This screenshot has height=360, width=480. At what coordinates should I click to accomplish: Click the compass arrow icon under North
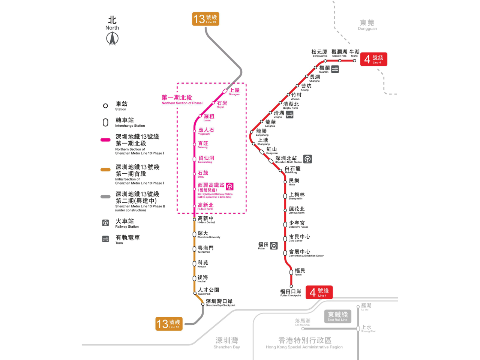(x=112, y=38)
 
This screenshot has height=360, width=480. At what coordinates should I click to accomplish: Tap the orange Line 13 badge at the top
(x=205, y=19)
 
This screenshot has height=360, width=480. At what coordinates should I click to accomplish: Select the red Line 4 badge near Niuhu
(x=373, y=59)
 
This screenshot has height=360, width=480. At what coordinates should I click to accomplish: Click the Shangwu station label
(x=234, y=91)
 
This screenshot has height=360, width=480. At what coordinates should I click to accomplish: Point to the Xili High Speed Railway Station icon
(x=229, y=186)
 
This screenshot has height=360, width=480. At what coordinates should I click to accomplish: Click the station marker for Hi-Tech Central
(x=194, y=219)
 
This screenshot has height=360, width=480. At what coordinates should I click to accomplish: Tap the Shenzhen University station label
(x=208, y=235)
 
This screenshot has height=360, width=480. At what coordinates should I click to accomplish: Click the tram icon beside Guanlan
(x=335, y=69)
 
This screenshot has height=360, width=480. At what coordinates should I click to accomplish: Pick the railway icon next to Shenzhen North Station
(x=307, y=159)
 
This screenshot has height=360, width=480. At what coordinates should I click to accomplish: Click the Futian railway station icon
(x=274, y=246)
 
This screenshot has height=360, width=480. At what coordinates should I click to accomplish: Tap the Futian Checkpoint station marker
(x=291, y=286)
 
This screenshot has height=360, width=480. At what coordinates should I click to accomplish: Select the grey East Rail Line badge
(x=337, y=316)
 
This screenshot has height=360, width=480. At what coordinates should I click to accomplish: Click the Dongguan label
(x=367, y=25)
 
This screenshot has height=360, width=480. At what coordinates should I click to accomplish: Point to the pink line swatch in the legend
(x=105, y=140)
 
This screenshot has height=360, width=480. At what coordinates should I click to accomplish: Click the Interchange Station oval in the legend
(x=105, y=123)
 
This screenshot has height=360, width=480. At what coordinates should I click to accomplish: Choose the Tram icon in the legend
(x=105, y=239)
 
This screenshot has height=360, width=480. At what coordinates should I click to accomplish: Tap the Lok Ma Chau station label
(x=303, y=322)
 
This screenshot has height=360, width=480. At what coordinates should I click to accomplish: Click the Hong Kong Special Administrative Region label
(x=304, y=343)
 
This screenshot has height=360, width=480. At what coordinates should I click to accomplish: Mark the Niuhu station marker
(x=354, y=61)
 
